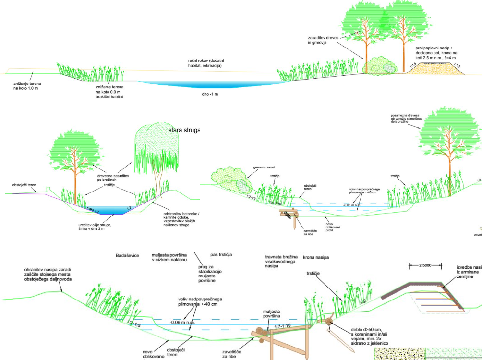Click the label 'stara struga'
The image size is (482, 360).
point(184,130)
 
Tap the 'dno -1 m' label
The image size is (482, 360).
point(210,94)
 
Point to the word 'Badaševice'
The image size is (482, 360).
point(127,256)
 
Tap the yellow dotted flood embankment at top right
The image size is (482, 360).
point(435,69)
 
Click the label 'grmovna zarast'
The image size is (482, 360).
point(264,168)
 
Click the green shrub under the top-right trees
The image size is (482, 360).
point(380,66)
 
